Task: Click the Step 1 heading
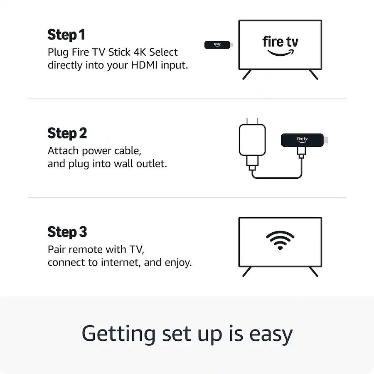pyautogui.click(x=66, y=35)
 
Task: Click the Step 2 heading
pyautogui.click(x=67, y=133)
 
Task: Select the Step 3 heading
pyautogui.click(x=67, y=232)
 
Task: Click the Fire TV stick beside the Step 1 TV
pyautogui.click(x=217, y=45)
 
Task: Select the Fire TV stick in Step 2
pyautogui.click(x=302, y=140)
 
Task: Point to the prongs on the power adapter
pyautogui.click(x=252, y=121)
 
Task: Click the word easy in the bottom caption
pyautogui.click(x=271, y=333)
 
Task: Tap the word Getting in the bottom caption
pyautogui.click(x=118, y=333)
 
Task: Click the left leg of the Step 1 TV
pyautogui.click(x=247, y=75)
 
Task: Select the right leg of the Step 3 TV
pyautogui.click(x=313, y=272)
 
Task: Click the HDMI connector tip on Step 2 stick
pyautogui.click(x=326, y=140)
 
